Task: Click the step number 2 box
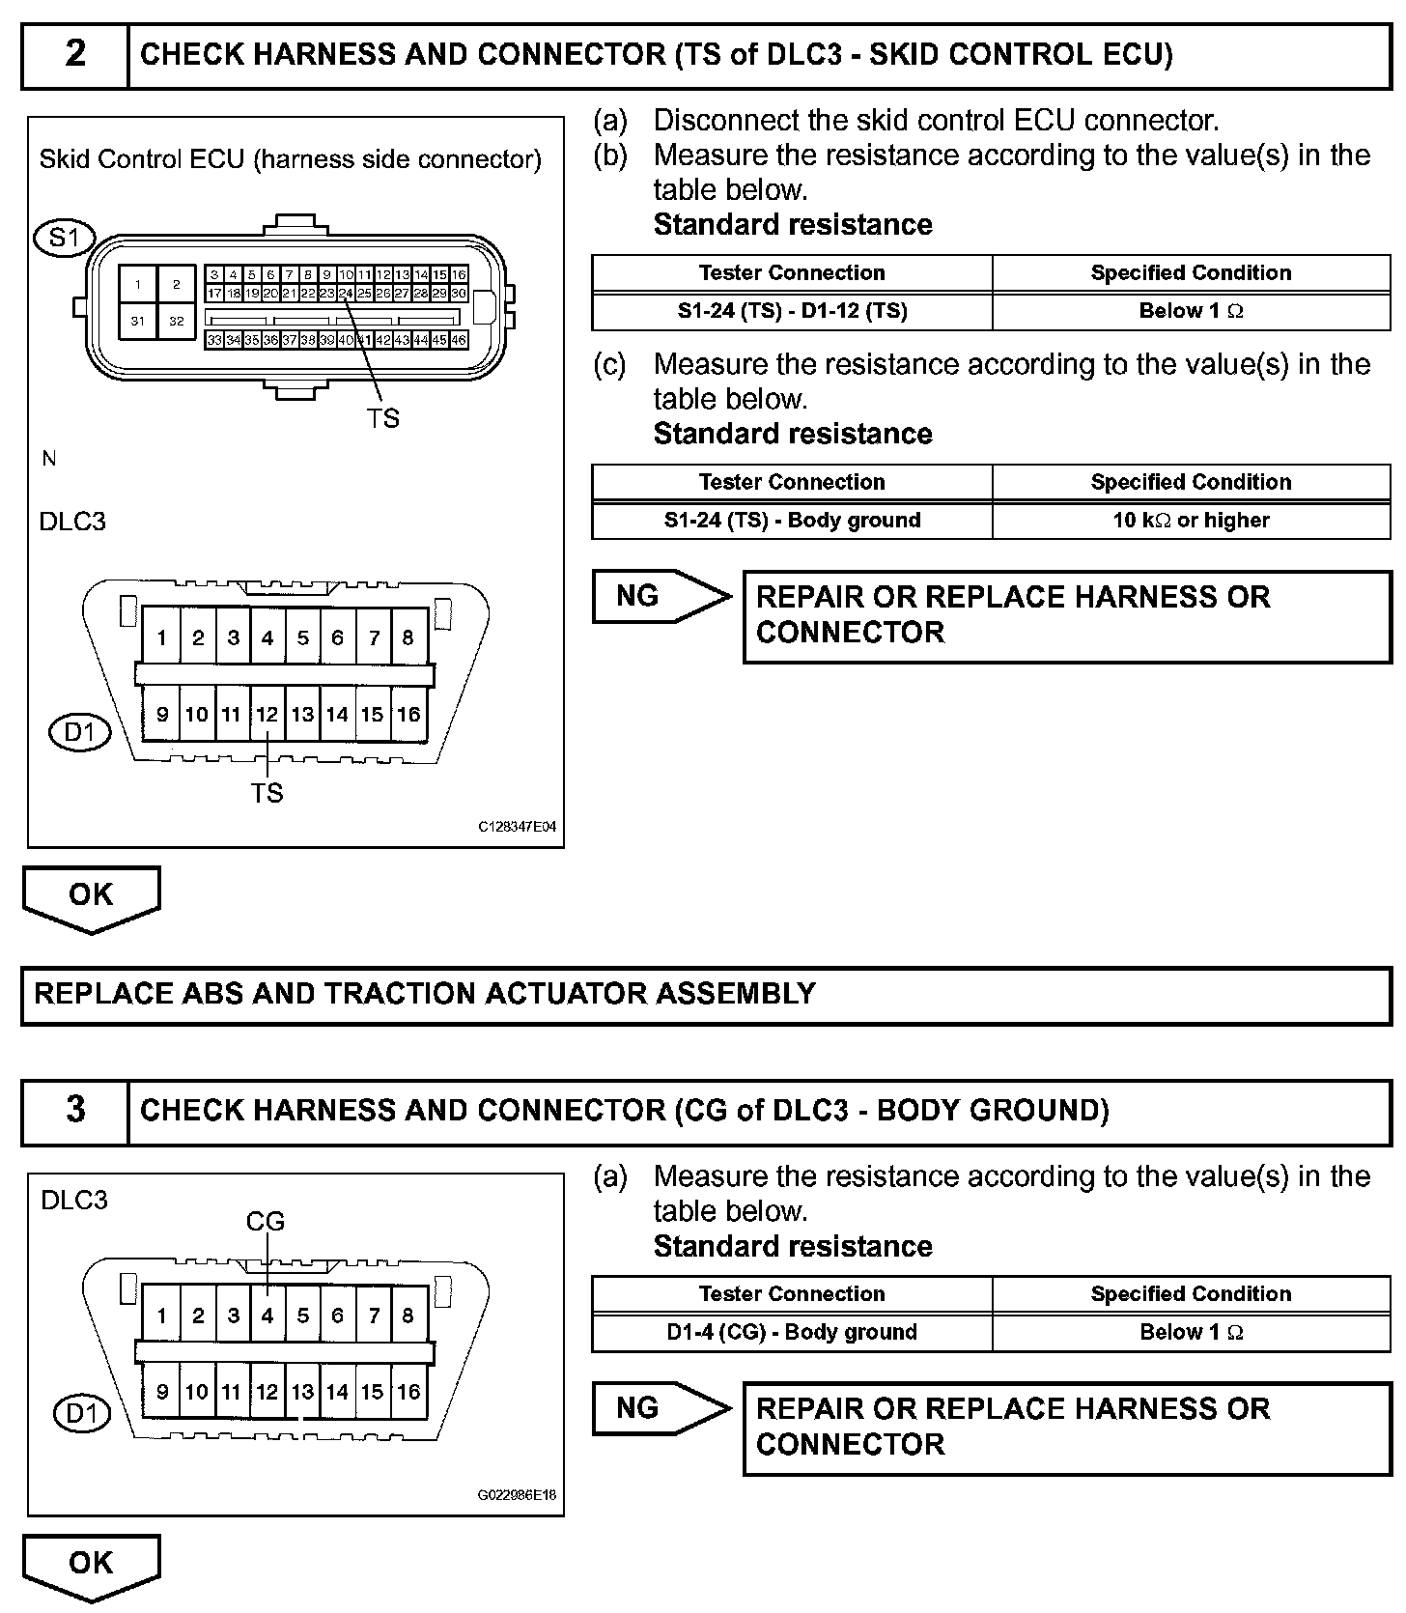pos(75,54)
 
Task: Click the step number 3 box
pos(75,1110)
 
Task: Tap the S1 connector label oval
pos(64,237)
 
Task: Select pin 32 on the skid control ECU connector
pos(176,321)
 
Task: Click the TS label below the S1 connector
pos(382,418)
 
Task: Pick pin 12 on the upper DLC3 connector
pos(267,715)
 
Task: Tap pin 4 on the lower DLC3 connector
pos(267,1315)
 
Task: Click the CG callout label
pos(266,1222)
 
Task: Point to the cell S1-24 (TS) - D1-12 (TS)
pos(792,311)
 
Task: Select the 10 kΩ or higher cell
pos(1191,520)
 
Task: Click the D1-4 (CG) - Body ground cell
pos(792,1332)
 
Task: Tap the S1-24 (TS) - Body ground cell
pos(792,520)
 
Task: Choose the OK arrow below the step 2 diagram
pos(91,896)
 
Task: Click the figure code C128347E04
pos(517,828)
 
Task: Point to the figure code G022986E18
pos(517,1496)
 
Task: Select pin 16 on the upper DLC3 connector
pos(408,715)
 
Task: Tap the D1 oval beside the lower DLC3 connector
pos(80,1415)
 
